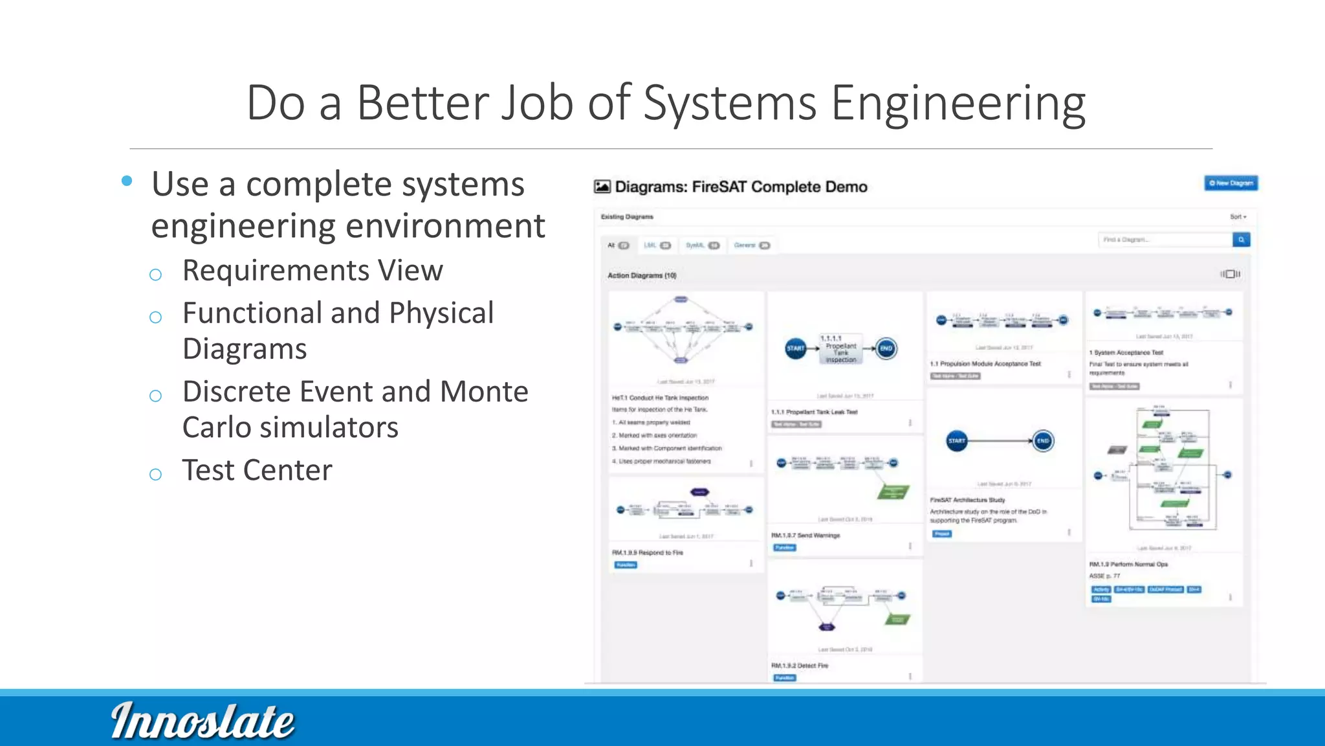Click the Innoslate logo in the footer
point(203,721)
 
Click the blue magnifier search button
point(1241,240)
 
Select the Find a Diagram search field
point(1165,240)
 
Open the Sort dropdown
point(1238,217)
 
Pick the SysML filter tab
point(702,245)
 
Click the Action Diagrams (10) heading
point(642,275)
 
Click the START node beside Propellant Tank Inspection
point(795,348)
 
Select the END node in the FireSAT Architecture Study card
point(1043,441)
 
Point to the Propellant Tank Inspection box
point(840,349)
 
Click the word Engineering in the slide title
point(958,103)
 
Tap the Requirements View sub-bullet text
point(312,271)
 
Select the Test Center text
point(257,470)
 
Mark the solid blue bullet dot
point(127,181)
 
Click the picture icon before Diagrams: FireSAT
point(602,187)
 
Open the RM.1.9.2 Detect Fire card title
point(800,665)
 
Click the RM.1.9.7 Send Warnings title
point(805,536)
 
